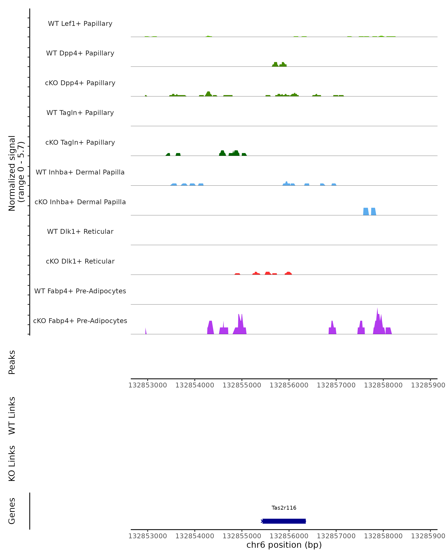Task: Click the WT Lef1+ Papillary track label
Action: coord(80,24)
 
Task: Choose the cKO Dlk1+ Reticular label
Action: coord(80,261)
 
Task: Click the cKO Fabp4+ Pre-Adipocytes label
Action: coord(80,321)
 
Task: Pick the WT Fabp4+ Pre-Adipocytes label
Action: coord(80,291)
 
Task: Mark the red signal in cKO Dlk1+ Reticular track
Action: coord(267,273)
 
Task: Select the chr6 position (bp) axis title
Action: coord(284,545)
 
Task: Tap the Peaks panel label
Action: coord(12,362)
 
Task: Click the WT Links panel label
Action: coord(12,415)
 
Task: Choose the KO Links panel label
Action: coord(12,463)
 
